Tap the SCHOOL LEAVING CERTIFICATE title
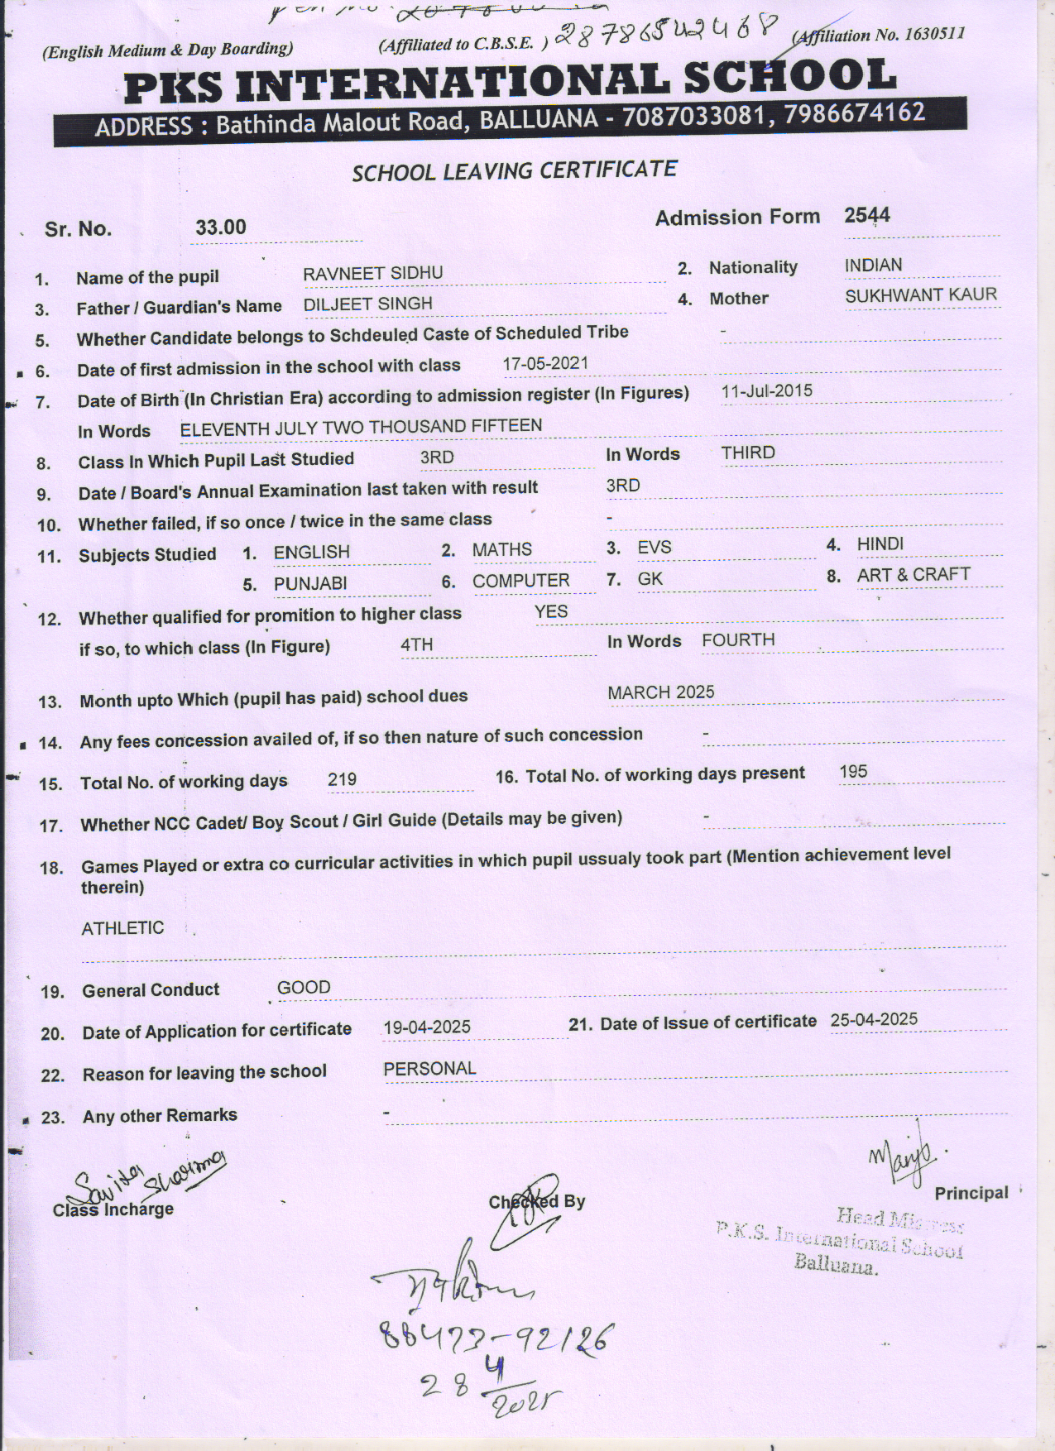pyautogui.click(x=514, y=171)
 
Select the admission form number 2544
pyautogui.click(x=867, y=216)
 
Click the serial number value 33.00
pyautogui.click(x=221, y=227)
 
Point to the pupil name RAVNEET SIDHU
pyautogui.click(x=372, y=273)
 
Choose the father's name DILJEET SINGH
pyautogui.click(x=367, y=304)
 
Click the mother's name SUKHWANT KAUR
pyautogui.click(x=920, y=295)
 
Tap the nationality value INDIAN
pyautogui.click(x=873, y=266)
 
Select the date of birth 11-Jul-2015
pyautogui.click(x=766, y=391)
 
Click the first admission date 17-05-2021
pyautogui.click(x=545, y=363)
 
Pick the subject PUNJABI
pyautogui.click(x=310, y=583)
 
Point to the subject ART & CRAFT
pyautogui.click(x=914, y=574)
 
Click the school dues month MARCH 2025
pyautogui.click(x=660, y=692)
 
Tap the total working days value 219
pyautogui.click(x=342, y=779)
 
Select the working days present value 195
pyautogui.click(x=853, y=772)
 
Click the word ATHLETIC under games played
pyautogui.click(x=122, y=928)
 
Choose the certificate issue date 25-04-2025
pyautogui.click(x=874, y=1019)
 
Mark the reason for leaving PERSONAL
pyautogui.click(x=429, y=1069)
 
